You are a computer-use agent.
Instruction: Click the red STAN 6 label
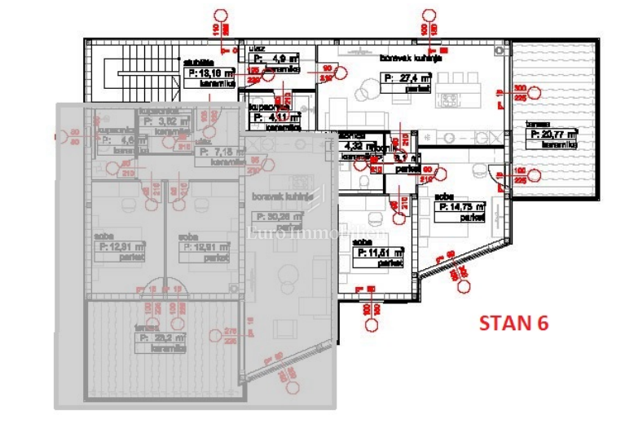(x=513, y=322)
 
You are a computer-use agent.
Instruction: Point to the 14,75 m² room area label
(x=463, y=208)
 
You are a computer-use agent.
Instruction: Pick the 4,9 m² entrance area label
(x=276, y=59)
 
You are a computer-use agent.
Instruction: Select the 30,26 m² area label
(x=279, y=217)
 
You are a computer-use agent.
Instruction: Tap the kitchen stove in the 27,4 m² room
(x=449, y=99)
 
